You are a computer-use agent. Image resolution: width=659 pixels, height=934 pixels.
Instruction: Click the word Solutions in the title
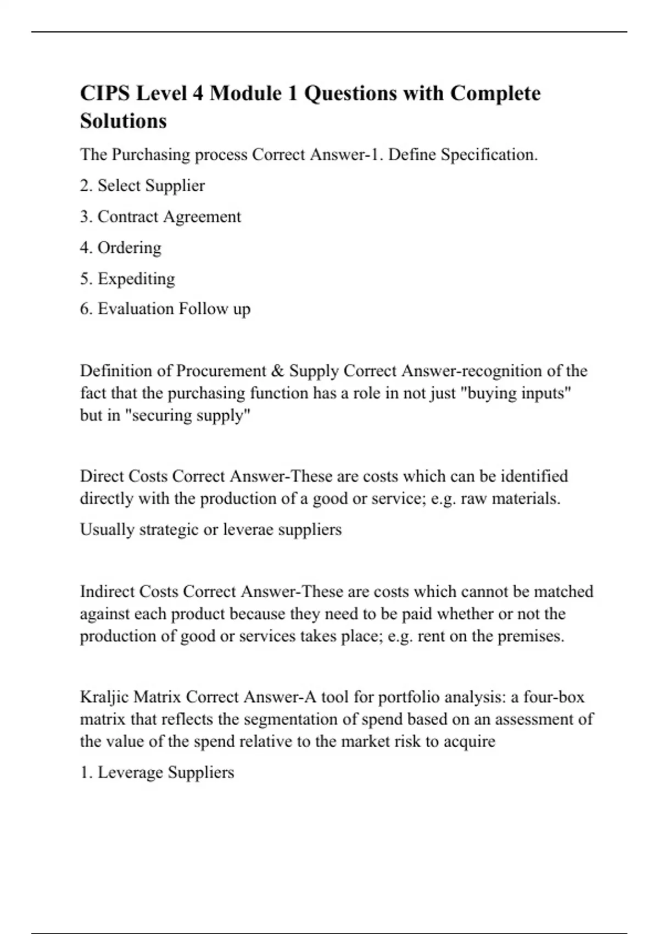tap(123, 121)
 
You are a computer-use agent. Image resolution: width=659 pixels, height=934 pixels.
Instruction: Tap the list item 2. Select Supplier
tap(142, 186)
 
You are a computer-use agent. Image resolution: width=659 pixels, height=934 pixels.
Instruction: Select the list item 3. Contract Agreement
tap(160, 216)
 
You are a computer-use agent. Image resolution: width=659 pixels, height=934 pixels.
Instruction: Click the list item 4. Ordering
tap(121, 248)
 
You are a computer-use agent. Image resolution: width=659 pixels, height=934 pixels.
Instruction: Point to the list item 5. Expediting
tap(127, 279)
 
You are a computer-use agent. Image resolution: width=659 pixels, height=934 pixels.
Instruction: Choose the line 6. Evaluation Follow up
tap(165, 309)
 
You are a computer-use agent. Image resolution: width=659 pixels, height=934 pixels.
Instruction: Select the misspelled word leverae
tap(248, 530)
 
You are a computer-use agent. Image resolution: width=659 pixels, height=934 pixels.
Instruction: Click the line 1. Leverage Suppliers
tap(157, 772)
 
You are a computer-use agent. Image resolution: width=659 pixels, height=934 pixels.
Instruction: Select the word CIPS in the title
tap(105, 93)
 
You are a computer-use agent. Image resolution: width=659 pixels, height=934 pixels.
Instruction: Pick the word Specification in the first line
tap(489, 155)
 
